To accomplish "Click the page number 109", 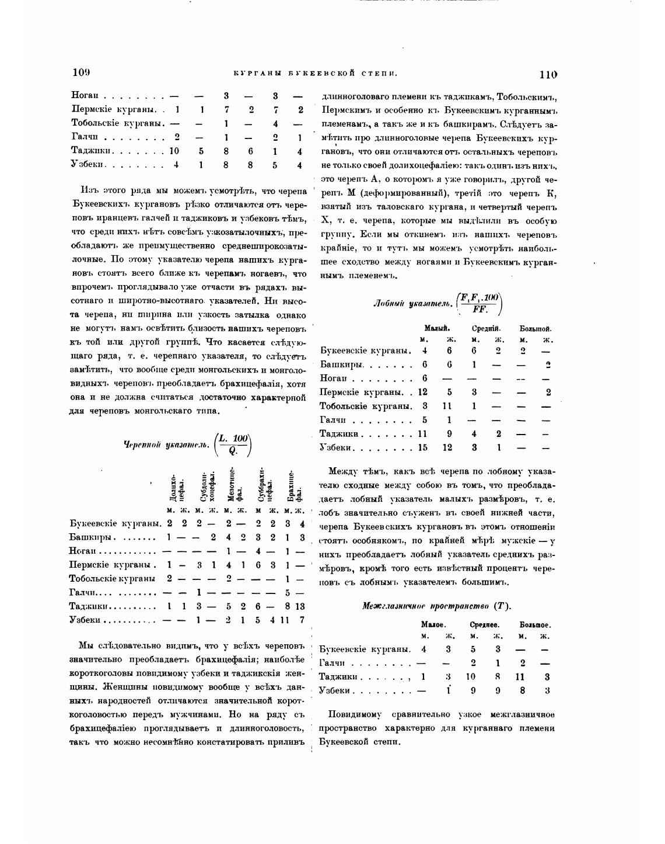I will pos(81,72).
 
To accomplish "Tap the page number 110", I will pos(548,74).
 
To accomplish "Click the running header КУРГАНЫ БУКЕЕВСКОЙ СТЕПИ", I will pos(316,74).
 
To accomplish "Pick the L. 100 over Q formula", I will pos(233,444).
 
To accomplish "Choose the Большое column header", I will pos(535,624).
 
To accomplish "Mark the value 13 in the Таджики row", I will pos(300,606).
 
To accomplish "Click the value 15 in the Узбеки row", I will pos(422,447).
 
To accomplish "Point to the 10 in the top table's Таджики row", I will pos(173,151).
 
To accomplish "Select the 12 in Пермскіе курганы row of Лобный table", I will pos(422,393).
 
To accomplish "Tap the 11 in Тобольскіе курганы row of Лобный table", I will pos(448,406).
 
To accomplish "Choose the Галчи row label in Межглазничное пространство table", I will pos(333,663).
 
